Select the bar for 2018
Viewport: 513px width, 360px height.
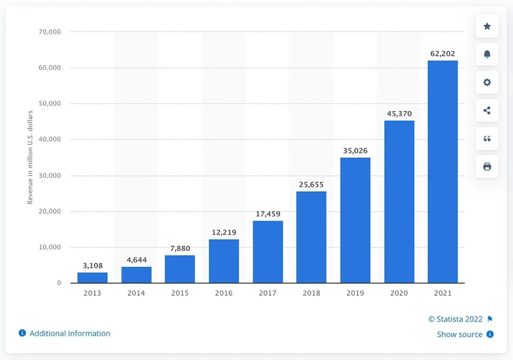click(x=312, y=237)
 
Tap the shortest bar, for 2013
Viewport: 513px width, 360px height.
click(x=92, y=277)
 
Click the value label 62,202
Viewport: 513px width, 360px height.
click(x=442, y=54)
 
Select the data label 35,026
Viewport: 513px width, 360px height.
click(x=355, y=151)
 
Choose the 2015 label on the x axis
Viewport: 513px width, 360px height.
click(x=180, y=293)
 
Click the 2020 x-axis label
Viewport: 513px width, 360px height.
click(x=399, y=293)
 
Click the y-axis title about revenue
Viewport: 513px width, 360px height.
click(x=30, y=157)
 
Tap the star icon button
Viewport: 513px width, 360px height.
click(x=487, y=26)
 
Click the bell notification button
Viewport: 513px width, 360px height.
click(x=487, y=55)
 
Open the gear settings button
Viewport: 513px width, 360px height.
click(x=487, y=82)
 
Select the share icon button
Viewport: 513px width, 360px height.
click(x=487, y=110)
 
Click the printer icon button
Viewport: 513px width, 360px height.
click(x=487, y=167)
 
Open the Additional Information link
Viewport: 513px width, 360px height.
click(x=69, y=334)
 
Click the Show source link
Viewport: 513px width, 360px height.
click(x=460, y=334)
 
